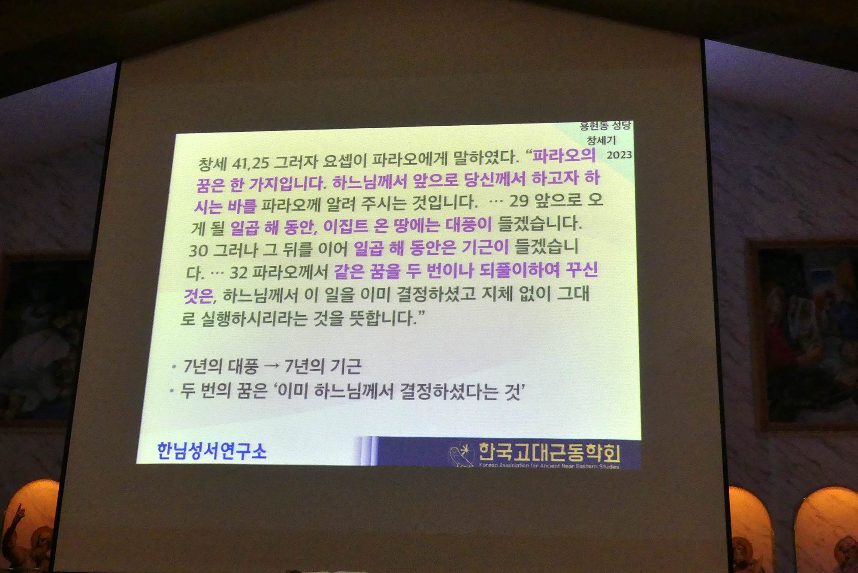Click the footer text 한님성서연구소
[211, 451]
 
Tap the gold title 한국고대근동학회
[550, 453]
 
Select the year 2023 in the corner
[619, 154]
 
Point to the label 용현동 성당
[605, 126]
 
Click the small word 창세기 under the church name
[601, 140]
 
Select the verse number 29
[519, 201]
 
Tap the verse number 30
[199, 250]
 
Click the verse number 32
[239, 272]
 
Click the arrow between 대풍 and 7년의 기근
[272, 366]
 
